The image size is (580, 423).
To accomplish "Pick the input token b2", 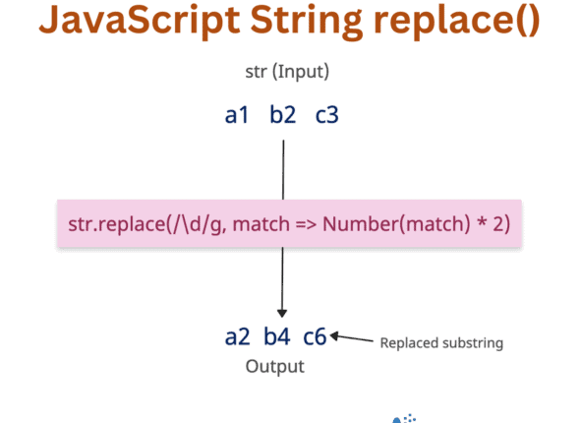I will (283, 116).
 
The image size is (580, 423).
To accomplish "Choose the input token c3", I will (327, 116).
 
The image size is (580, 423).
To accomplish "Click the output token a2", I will (238, 337).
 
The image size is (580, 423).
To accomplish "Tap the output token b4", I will (276, 337).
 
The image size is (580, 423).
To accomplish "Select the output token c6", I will (315, 337).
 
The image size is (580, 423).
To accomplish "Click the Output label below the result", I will (275, 367).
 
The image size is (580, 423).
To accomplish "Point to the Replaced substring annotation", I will (441, 343).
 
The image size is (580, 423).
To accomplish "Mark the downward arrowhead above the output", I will (283, 308).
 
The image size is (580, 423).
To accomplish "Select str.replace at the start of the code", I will (107, 224).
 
